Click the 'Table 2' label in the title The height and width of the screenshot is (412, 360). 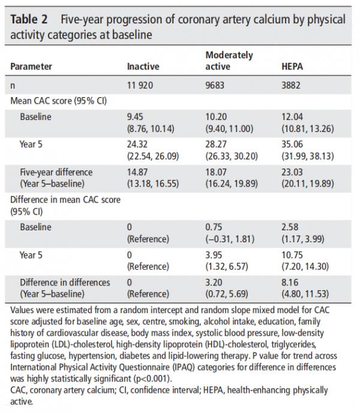click(29, 19)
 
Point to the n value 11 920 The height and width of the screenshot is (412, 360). click(140, 85)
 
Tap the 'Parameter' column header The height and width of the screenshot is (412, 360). click(32, 66)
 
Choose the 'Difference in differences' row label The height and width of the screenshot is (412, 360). click(64, 282)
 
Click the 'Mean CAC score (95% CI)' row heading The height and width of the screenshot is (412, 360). click(58, 100)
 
